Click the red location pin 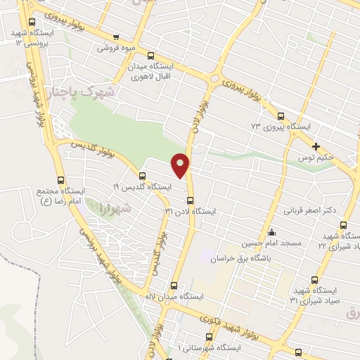tap(181, 165)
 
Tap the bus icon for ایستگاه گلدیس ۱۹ tap(143, 176)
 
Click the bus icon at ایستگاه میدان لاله tap(174, 285)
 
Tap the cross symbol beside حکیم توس tap(316, 147)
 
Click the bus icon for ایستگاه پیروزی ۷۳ tap(281, 117)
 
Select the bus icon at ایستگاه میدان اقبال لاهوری tap(150, 56)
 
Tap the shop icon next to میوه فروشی tap(116, 37)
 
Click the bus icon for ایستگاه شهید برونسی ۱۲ tap(31, 22)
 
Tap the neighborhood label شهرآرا tap(116, 209)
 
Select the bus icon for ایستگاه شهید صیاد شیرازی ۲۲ tap(343, 225)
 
